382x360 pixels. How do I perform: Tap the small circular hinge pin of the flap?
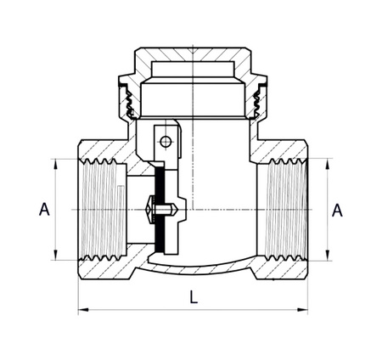[166, 141]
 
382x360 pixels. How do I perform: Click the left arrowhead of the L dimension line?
[82, 311]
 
